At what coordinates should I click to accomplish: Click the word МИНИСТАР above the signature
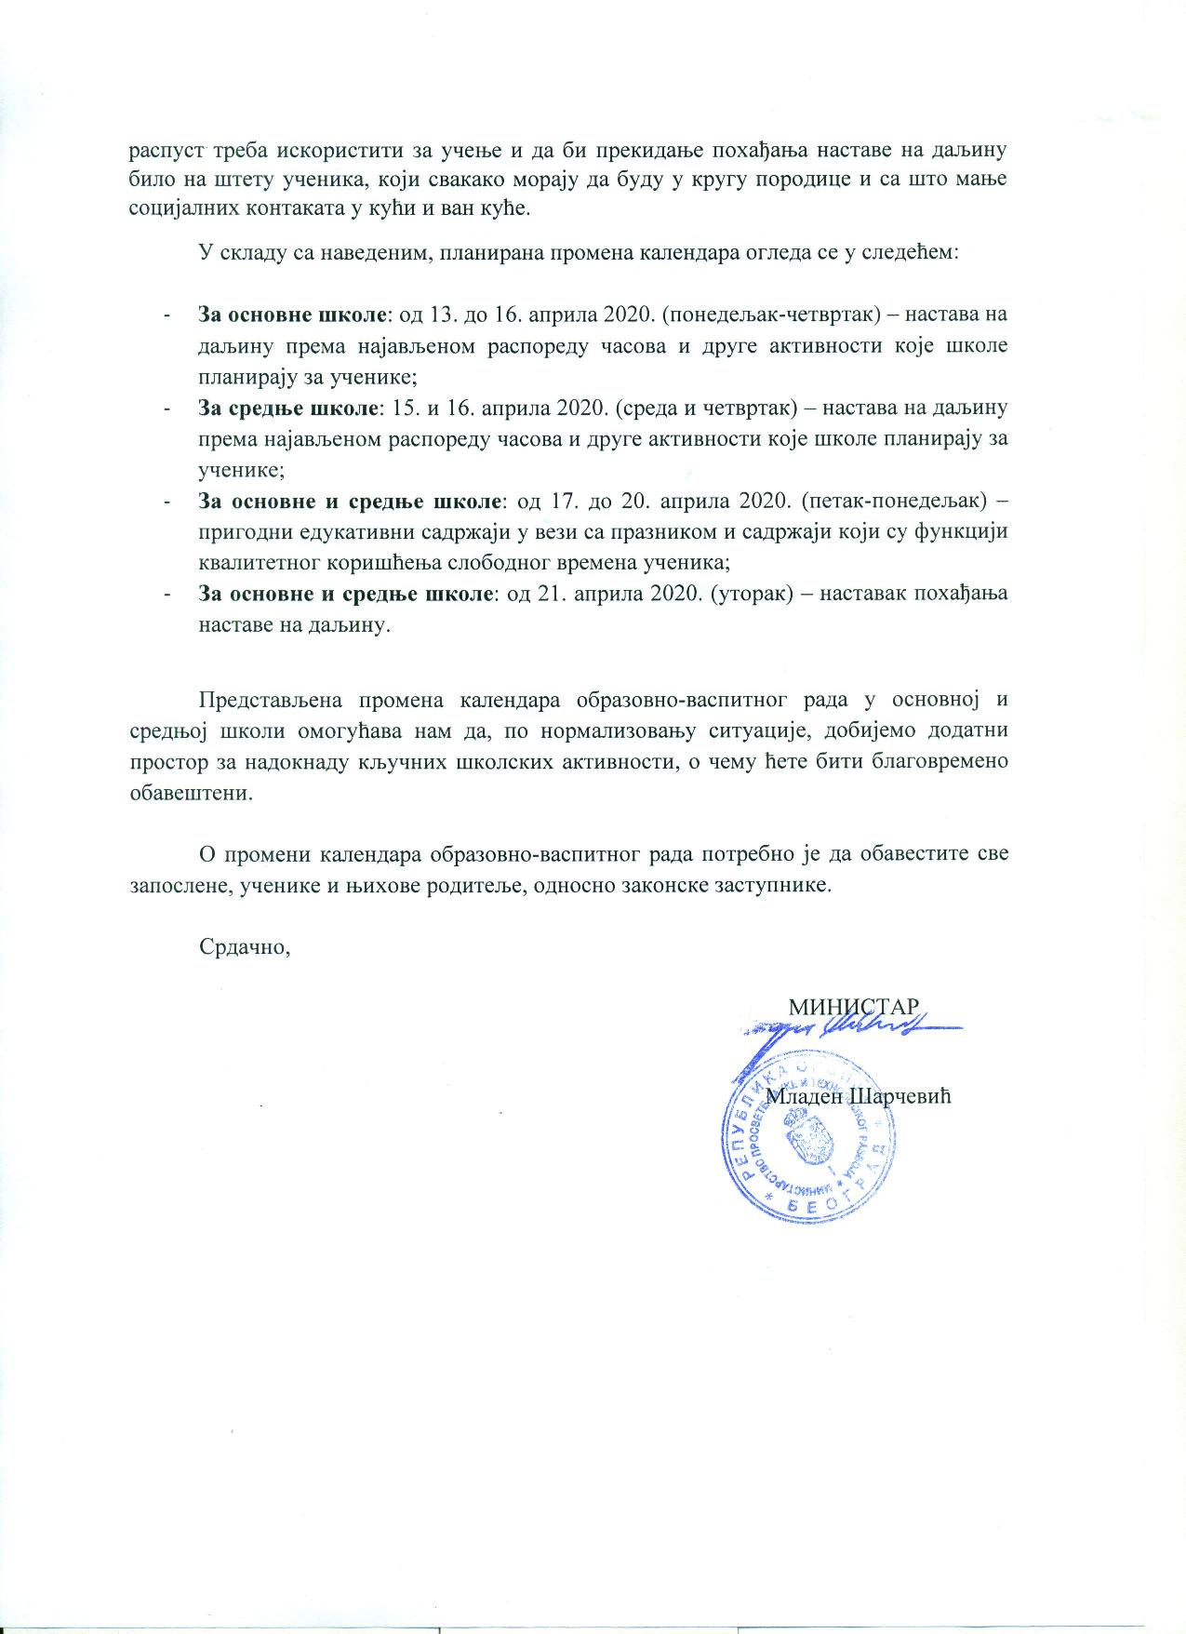coord(854,1007)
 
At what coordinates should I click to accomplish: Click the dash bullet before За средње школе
coord(167,409)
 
